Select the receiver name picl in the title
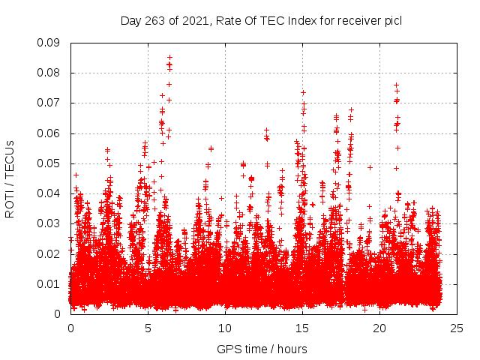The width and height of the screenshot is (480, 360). [x=390, y=20]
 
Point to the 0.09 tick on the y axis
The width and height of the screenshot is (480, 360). [x=49, y=43]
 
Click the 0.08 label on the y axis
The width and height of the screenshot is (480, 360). [x=49, y=73]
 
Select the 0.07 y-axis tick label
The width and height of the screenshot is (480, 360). [x=49, y=103]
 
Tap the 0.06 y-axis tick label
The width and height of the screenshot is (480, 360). [x=49, y=133]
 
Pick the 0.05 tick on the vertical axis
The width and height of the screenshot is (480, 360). [x=49, y=163]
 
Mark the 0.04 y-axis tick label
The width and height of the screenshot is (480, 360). [x=49, y=193]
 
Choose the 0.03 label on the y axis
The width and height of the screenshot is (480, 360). [x=49, y=223]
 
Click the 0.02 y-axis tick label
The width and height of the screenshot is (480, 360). [x=49, y=253]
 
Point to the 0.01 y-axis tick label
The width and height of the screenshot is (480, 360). [x=49, y=283]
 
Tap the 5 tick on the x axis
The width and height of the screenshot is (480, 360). [x=148, y=328]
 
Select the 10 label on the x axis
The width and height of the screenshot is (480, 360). [x=225, y=328]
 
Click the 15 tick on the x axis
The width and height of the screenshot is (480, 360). [x=302, y=328]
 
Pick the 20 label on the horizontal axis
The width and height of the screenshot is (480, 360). [x=379, y=328]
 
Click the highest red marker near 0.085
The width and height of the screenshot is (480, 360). [x=169, y=57]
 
